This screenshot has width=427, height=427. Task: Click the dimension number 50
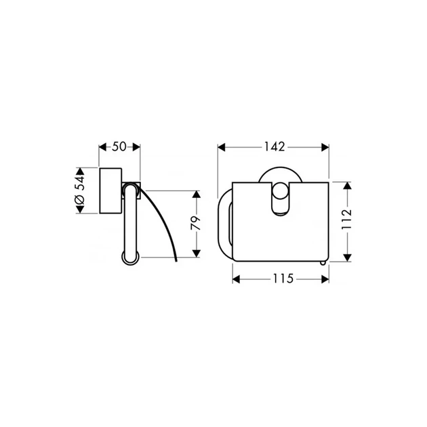pos(119,147)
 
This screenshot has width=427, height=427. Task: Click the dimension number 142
pos(274,147)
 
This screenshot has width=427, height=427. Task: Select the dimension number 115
pos(283,279)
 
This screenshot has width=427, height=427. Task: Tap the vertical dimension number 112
pos(346,220)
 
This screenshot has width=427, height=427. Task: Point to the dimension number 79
pos(195,223)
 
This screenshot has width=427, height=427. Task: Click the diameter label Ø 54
pos(79,190)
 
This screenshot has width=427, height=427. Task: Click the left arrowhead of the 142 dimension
pos(222,147)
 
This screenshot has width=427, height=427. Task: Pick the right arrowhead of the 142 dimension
pos(325,147)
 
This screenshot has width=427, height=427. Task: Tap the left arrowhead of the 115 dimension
pos(236,279)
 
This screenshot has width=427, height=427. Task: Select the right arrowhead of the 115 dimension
pos(325,279)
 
